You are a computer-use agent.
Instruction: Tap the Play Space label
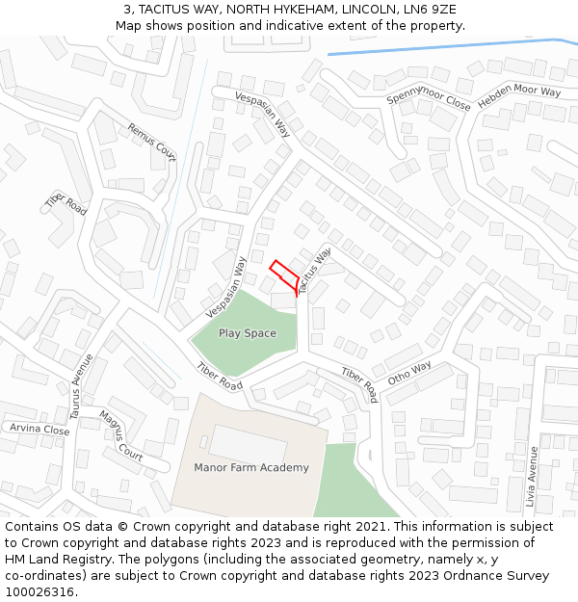click(247, 333)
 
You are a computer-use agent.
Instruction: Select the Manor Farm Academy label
click(251, 468)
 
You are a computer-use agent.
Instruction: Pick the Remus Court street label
click(152, 142)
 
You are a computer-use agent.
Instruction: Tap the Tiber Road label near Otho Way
click(359, 384)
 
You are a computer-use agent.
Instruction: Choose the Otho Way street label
click(409, 373)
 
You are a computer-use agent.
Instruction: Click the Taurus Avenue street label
click(81, 387)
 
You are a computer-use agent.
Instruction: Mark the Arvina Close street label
click(39, 430)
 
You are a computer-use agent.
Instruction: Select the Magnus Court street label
click(120, 434)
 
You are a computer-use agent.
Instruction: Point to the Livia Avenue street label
click(532, 476)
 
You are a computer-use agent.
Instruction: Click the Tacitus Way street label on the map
click(314, 269)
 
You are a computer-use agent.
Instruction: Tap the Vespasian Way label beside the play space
click(226, 287)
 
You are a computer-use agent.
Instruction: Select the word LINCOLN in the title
click(364, 10)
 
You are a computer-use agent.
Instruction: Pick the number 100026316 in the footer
click(40, 592)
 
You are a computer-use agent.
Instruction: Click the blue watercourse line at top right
click(443, 46)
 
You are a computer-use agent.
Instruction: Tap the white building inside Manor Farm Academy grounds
click(248, 443)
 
